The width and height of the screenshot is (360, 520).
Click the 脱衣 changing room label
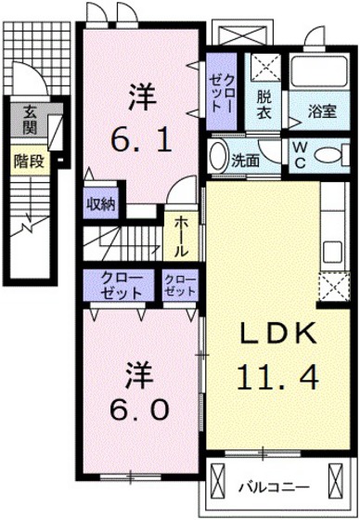[265, 104]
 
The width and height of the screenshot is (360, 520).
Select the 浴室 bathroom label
[321, 110]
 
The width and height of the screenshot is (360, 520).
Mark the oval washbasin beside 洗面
[218, 155]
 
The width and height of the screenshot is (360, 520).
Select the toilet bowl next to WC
[331, 153]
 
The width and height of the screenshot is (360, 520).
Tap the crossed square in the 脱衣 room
[267, 66]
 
